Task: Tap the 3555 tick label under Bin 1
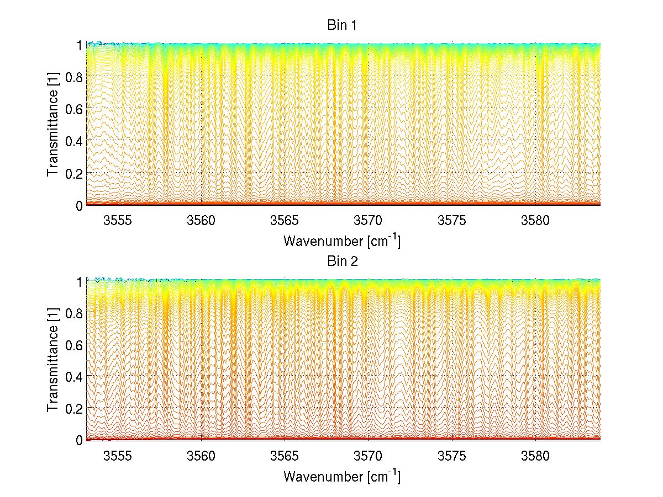point(118,222)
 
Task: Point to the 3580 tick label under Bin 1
point(535,222)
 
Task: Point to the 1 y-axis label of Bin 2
point(79,281)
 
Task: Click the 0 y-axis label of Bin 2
point(79,440)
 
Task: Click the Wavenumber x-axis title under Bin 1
point(342,241)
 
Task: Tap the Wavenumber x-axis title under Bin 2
point(342,476)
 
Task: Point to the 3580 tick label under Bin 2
point(535,457)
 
